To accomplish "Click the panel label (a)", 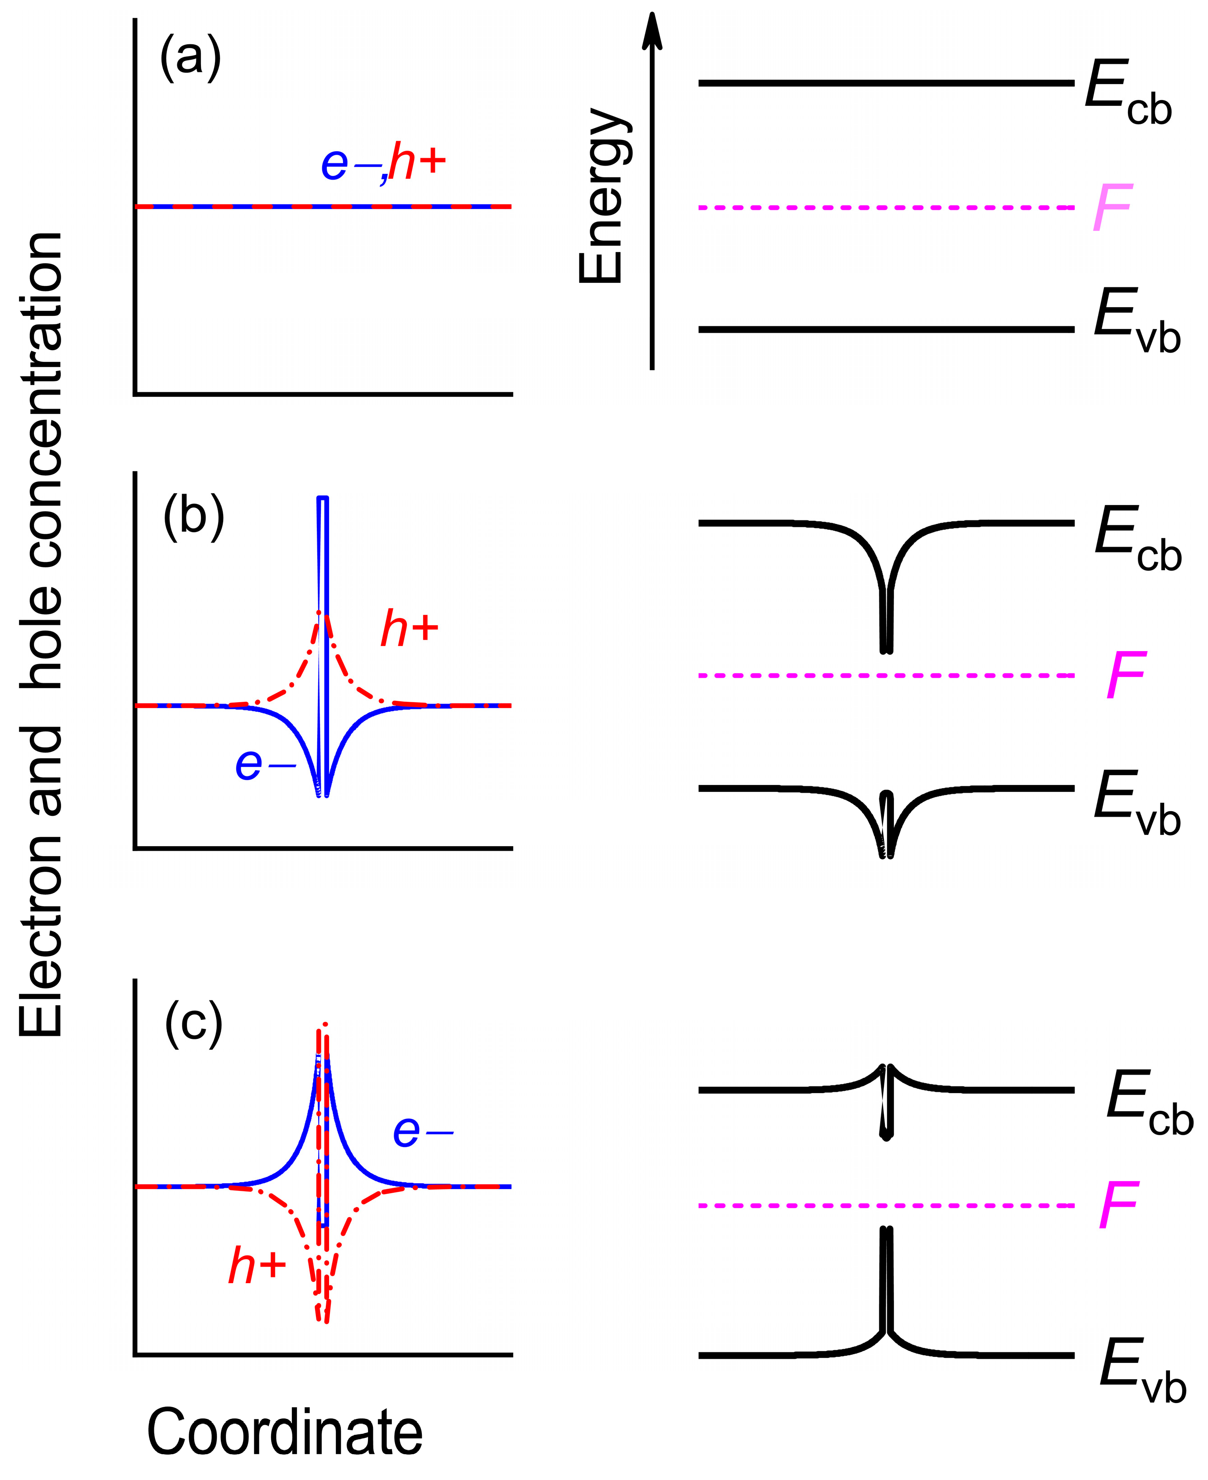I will tap(190, 58).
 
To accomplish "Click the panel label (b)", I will tap(193, 518).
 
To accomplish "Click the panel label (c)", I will tap(193, 1024).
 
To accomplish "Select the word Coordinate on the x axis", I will tap(285, 1432).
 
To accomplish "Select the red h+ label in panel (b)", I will tap(409, 629).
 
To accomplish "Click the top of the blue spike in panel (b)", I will tap(322, 499).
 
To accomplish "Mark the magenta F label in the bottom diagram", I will tap(1118, 1206).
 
